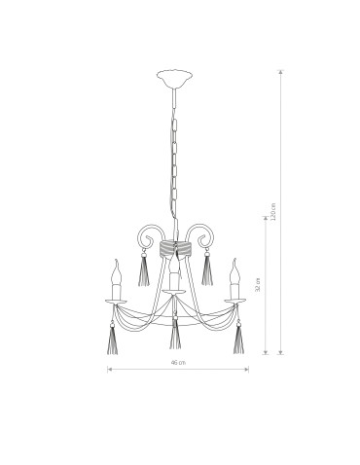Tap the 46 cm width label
point(177,362)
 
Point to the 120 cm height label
point(274,213)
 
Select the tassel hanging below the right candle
point(237,338)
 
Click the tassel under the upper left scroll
point(144,270)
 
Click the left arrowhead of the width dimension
point(108,370)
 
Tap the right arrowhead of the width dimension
point(247,370)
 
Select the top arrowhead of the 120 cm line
point(281,70)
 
